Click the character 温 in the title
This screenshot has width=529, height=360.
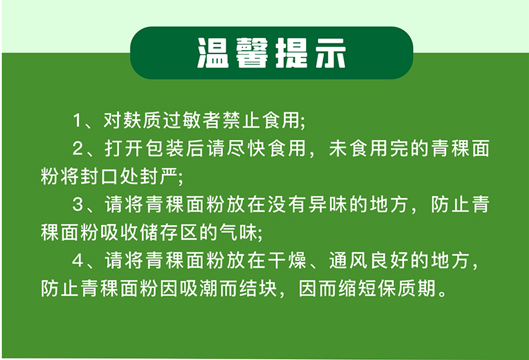tap(213, 53)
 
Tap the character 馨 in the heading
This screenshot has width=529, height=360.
tap(252, 53)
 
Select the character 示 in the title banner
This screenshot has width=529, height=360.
tap(330, 53)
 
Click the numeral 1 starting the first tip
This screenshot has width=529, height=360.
tap(77, 120)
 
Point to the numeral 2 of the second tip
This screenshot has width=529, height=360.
tap(78, 149)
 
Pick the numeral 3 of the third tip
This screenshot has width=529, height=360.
tap(78, 205)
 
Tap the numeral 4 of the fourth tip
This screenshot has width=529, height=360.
tap(78, 260)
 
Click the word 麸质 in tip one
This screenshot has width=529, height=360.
tap(142, 120)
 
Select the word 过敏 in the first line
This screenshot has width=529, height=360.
tap(181, 120)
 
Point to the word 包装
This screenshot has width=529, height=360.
tap(165, 149)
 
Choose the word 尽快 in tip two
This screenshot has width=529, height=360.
tap(246, 149)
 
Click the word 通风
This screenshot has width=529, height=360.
tap(348, 260)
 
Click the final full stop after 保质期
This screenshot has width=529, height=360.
tap(443, 293)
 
